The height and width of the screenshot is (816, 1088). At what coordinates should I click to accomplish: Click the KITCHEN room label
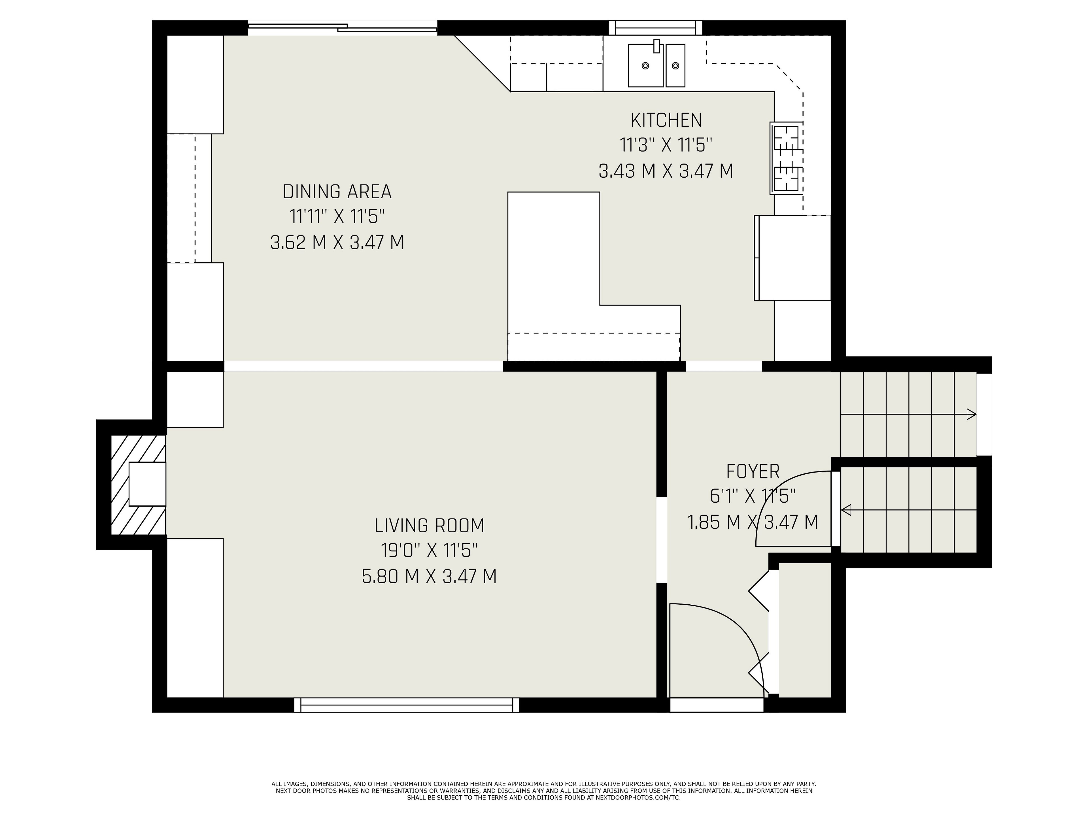[666, 120]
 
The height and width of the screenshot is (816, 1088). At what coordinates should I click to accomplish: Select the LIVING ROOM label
[430, 526]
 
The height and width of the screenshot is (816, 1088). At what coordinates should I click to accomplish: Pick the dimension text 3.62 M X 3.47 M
[337, 243]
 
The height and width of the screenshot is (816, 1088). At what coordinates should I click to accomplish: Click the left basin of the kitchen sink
[646, 65]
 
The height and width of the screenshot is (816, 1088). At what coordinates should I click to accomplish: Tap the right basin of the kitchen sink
[675, 65]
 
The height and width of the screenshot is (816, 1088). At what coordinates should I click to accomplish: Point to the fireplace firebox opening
[147, 484]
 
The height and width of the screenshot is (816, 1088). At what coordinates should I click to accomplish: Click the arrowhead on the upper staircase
[971, 414]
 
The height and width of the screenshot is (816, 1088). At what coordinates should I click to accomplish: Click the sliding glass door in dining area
[342, 28]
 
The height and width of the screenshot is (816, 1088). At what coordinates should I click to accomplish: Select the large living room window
[407, 705]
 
